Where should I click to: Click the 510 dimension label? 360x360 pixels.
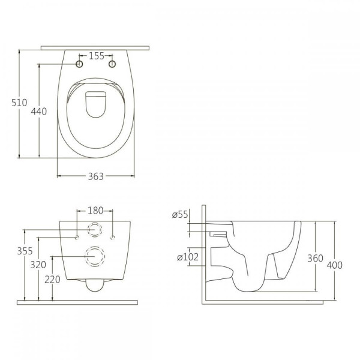tap(19, 103)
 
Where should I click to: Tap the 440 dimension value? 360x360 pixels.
tap(39, 112)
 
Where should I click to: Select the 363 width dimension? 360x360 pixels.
tap(96, 176)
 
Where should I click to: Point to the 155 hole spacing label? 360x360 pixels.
tap(97, 56)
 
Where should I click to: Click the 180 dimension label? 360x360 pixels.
tap(95, 211)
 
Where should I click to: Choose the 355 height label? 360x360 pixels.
tap(25, 251)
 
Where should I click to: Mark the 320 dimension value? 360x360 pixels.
tap(38, 265)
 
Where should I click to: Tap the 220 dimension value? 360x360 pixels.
tap(53, 280)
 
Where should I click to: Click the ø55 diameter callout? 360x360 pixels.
tap(180, 215)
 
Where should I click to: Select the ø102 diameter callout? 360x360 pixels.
tap(188, 257)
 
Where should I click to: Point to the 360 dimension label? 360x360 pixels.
tap(316, 259)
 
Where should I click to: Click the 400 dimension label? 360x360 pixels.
tap(335, 265)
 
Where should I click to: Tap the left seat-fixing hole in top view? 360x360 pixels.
tap(79, 64)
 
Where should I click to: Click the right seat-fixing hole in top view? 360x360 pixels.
tap(112, 64)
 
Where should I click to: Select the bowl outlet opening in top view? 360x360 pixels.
tap(96, 104)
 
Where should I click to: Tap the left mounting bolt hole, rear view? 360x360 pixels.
tap(77, 238)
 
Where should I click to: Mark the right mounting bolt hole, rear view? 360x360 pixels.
tap(113, 238)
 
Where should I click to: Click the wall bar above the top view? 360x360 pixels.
tap(95, 48)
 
